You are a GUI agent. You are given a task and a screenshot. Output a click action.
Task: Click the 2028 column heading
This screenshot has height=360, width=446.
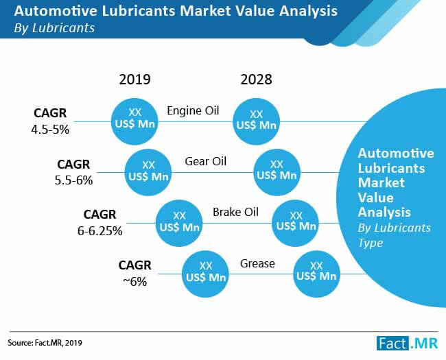pyautogui.click(x=256, y=80)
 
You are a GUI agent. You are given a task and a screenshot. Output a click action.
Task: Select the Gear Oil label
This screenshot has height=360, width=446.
pyautogui.click(x=206, y=162)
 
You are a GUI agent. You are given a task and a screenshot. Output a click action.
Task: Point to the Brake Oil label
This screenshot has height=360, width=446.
pyautogui.click(x=235, y=212)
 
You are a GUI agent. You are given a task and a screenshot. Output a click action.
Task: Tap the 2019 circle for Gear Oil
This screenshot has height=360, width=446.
pyautogui.click(x=148, y=170)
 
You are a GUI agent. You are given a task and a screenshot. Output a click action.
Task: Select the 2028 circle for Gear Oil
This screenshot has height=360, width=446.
pyautogui.click(x=277, y=170)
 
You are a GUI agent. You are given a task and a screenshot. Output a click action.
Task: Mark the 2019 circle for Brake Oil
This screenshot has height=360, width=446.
pyautogui.click(x=180, y=221)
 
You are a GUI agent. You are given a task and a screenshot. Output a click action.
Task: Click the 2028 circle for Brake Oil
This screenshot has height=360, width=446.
pyautogui.click(x=296, y=221)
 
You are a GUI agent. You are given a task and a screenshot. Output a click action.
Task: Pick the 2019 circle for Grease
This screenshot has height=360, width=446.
pyautogui.click(x=204, y=272)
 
